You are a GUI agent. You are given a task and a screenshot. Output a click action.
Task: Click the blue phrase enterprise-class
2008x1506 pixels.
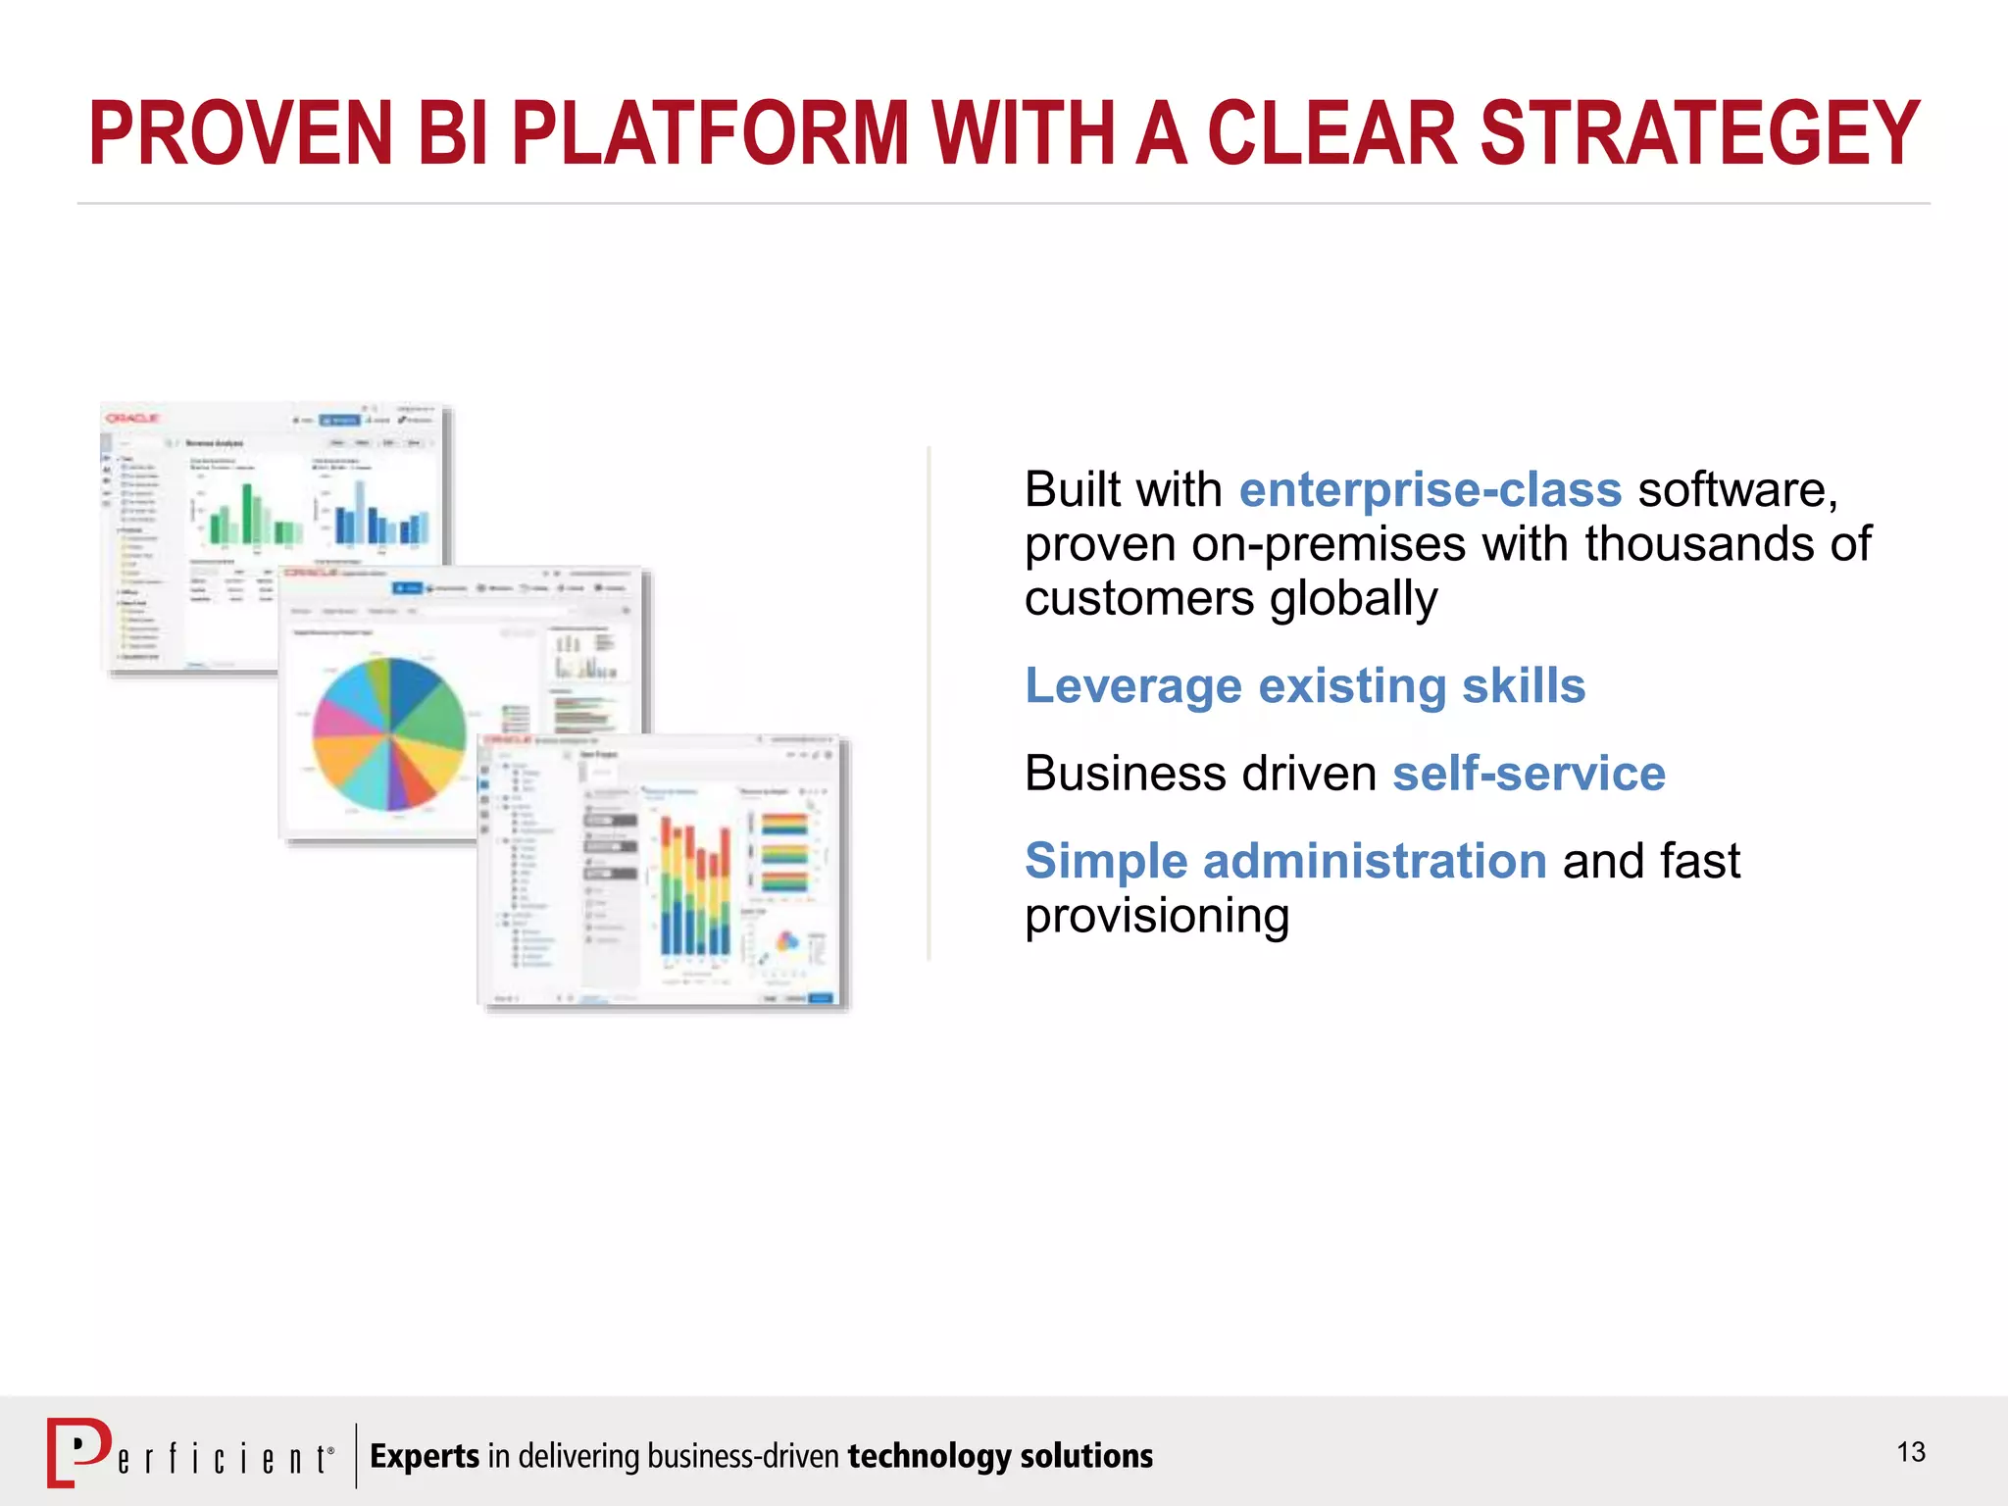1431,489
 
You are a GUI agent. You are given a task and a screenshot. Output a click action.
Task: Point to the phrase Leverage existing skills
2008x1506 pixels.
1305,685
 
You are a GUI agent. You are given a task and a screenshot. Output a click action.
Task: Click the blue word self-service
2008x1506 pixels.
1529,773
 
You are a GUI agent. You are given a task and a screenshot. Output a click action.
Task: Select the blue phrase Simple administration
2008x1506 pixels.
1285,861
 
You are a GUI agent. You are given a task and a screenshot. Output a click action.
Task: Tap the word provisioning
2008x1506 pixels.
1157,916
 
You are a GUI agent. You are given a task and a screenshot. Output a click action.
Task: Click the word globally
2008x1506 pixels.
1353,598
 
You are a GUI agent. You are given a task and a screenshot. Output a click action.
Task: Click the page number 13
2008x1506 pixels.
1911,1452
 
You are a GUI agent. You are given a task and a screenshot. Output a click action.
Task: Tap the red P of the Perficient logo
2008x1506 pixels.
78,1452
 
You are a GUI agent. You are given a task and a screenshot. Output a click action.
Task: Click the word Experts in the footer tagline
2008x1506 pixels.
425,1456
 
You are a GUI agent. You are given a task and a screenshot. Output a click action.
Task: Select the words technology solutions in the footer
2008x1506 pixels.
1000,1456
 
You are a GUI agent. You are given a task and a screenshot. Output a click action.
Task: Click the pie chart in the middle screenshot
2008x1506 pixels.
389,734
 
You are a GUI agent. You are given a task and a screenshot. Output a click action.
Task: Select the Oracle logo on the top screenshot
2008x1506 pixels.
132,419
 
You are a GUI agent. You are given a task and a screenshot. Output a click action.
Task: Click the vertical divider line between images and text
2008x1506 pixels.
929,703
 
